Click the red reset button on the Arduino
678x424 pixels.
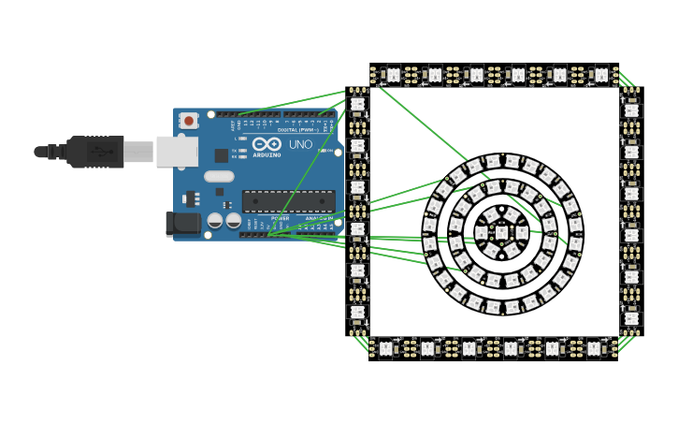coord(189,121)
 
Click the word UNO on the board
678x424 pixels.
coord(300,145)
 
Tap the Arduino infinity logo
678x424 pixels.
coord(267,145)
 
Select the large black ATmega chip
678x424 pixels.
coord(288,201)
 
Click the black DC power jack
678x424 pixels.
coord(182,223)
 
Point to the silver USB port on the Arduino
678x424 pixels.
coord(176,152)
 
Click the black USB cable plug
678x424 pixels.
coord(94,152)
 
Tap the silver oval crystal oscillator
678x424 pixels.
coord(219,176)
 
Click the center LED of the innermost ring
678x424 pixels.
coord(502,233)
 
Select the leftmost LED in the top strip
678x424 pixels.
coord(394,73)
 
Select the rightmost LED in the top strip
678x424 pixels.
coord(601,73)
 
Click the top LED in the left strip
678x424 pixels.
coord(357,104)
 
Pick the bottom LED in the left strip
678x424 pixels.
coord(357,312)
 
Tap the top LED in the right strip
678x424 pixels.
coord(632,110)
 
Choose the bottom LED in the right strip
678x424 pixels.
coord(632,318)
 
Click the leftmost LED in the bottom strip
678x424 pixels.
coord(385,348)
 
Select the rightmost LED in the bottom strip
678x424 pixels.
coord(593,348)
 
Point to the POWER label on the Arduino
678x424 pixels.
coord(280,218)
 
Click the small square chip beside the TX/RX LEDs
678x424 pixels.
coord(222,155)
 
